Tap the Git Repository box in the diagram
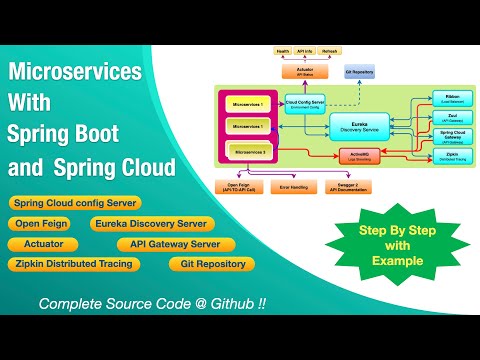coord(359,73)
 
